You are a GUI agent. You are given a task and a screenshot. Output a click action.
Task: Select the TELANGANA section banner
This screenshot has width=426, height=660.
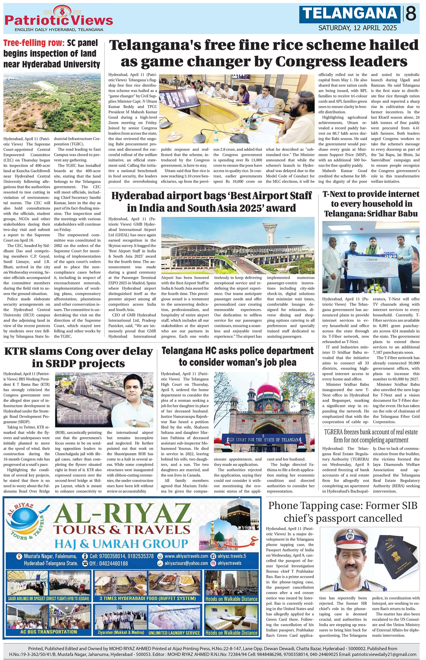[x=350, y=14]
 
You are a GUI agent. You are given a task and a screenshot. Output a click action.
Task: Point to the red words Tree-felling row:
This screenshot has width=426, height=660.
[x=34, y=43]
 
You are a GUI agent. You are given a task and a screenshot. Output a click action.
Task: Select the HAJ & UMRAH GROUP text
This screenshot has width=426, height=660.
[x=121, y=544]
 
